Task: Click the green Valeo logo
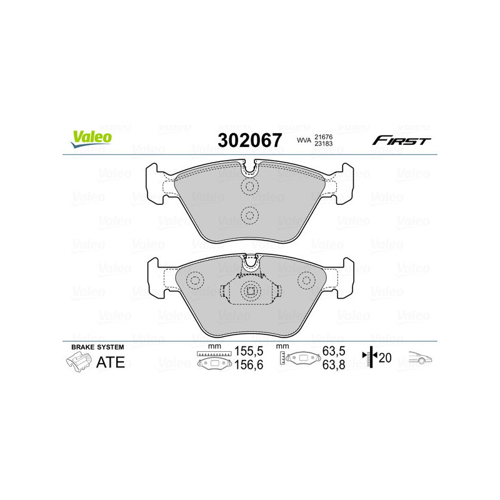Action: click(91, 139)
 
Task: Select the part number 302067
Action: click(249, 140)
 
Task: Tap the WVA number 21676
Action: click(323, 137)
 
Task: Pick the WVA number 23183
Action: click(323, 144)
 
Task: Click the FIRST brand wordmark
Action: click(401, 141)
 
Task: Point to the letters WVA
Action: click(304, 140)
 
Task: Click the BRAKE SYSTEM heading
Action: click(97, 347)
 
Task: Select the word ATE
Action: click(111, 362)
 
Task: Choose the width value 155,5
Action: click(249, 351)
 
